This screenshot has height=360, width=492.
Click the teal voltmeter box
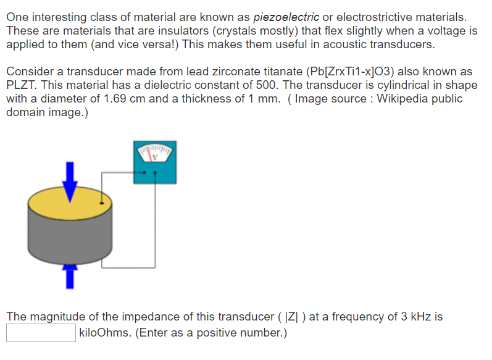(x=155, y=173)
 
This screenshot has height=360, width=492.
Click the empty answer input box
(x=41, y=333)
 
